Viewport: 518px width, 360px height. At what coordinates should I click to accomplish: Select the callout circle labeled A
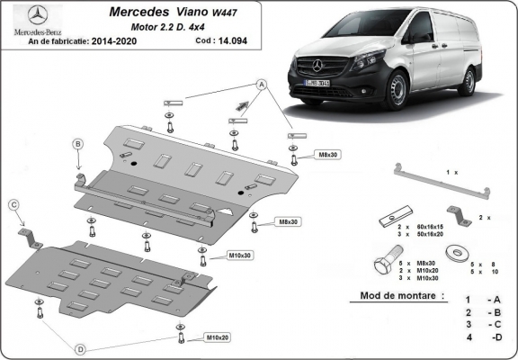(263, 85)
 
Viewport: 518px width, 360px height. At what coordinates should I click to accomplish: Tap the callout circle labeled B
(78, 145)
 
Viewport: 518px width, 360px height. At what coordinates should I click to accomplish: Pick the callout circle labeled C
(14, 205)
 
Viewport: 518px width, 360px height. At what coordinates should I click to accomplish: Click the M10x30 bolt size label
(238, 256)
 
